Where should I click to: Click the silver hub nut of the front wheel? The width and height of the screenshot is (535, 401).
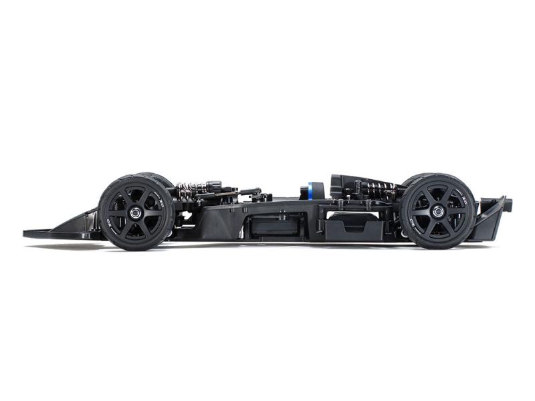click(x=136, y=212)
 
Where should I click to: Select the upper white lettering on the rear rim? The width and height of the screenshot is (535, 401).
click(x=461, y=198)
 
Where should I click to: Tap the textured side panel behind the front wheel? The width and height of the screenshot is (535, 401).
click(x=214, y=221)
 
